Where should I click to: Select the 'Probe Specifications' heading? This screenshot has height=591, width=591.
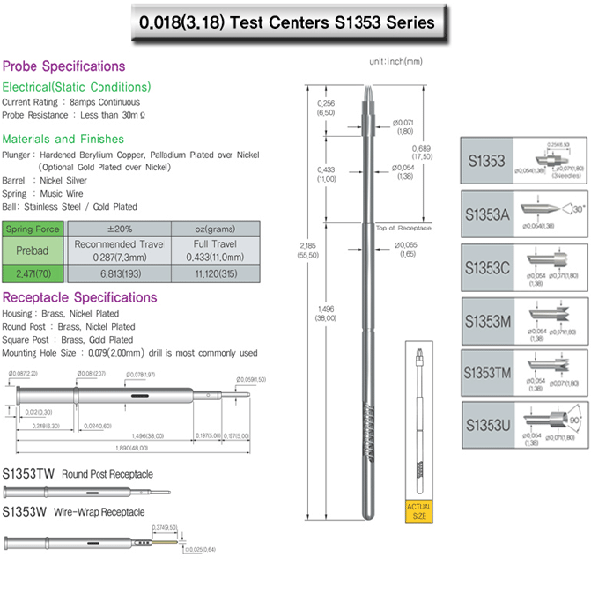[64, 66]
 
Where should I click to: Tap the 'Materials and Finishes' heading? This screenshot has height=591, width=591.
[63, 139]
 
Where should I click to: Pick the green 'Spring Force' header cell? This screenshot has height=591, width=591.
[33, 229]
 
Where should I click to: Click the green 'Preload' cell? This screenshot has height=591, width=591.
[33, 250]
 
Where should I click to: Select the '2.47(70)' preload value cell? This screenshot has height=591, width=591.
[33, 271]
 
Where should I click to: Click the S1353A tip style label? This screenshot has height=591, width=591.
[489, 212]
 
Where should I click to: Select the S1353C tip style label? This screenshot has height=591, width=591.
[489, 266]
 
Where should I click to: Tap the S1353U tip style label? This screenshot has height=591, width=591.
[489, 426]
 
